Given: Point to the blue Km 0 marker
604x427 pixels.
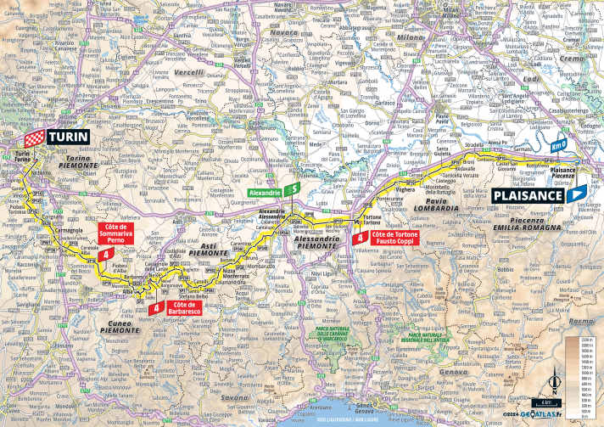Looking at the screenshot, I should (556, 144).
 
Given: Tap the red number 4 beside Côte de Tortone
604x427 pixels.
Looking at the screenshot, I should (362, 239).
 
